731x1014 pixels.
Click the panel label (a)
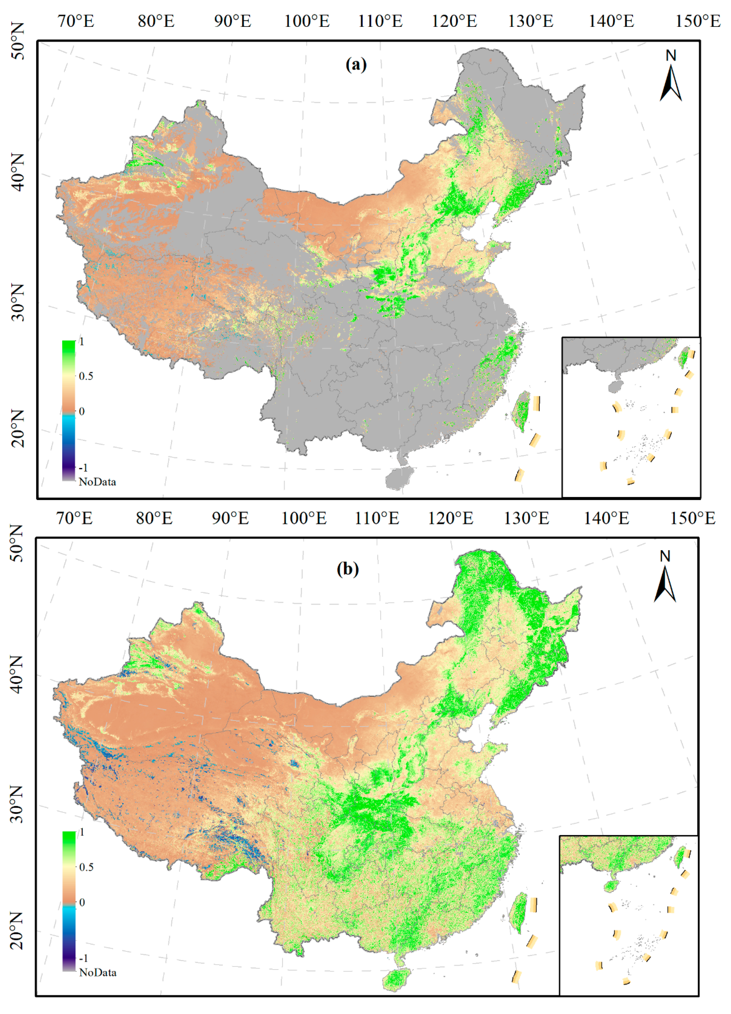coord(356,65)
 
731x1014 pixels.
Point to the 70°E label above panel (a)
coord(76,21)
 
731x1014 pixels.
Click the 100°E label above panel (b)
coord(304,518)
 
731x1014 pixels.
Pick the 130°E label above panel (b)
coord(527,518)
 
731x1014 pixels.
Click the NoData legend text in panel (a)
coord(97,482)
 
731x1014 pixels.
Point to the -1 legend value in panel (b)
coord(83,958)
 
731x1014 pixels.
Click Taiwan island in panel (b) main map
coord(519,912)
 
